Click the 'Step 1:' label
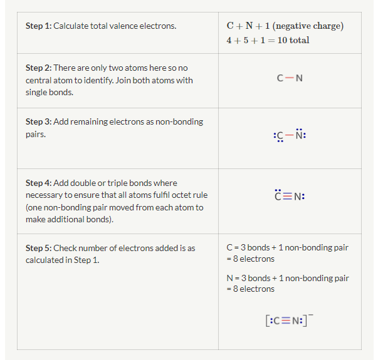[39, 26]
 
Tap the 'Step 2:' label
[39, 68]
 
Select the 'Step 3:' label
[39, 121]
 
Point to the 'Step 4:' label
[39, 183]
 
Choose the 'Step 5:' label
[39, 248]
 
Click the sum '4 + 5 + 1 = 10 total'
[268, 40]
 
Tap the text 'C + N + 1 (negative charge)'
[285, 26]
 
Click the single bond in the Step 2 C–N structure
[290, 78]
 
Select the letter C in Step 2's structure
[280, 78]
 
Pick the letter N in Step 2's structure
[299, 78]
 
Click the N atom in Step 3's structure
[299, 135]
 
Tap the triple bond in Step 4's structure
[290, 196]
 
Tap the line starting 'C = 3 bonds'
[287, 248]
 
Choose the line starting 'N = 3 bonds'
[287, 278]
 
